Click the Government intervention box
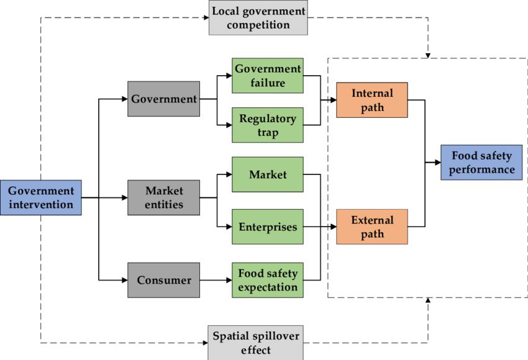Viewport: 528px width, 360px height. tap(40, 197)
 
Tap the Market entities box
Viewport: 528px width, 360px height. tap(164, 197)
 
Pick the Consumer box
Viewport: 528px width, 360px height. tap(164, 280)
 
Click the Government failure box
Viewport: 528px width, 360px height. tap(268, 76)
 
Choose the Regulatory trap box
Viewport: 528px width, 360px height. tap(268, 125)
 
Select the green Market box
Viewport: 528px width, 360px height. tap(268, 174)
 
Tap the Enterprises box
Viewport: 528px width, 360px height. tap(268, 227)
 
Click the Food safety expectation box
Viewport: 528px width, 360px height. tap(268, 280)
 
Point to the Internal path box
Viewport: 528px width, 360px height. tap(372, 100)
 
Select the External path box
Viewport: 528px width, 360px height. tap(372, 227)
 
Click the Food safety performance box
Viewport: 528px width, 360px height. tap(482, 162)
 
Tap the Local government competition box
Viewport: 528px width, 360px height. tap(258, 19)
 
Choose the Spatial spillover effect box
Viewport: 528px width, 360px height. tap(256, 343)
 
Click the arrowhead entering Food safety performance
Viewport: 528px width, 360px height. tap(437, 163)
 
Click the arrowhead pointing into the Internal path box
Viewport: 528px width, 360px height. tap(333, 100)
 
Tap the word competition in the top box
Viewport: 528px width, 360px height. tap(258, 25)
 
